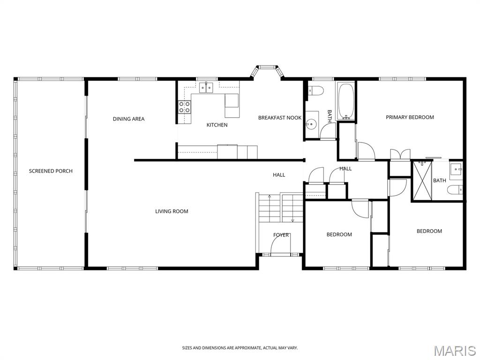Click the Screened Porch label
tap(51, 171)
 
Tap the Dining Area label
tap(128, 119)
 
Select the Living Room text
tap(172, 211)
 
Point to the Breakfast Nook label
tap(280, 118)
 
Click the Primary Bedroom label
tap(410, 117)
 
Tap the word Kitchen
tap(217, 125)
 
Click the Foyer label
tap(281, 235)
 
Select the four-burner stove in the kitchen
tap(185, 107)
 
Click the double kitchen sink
tap(206, 88)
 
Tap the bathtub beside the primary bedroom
tap(346, 101)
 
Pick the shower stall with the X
tap(422, 180)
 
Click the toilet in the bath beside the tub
tap(315, 91)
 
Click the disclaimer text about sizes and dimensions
tap(240, 348)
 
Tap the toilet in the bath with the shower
tap(455, 190)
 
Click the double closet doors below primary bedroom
tap(400, 154)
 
